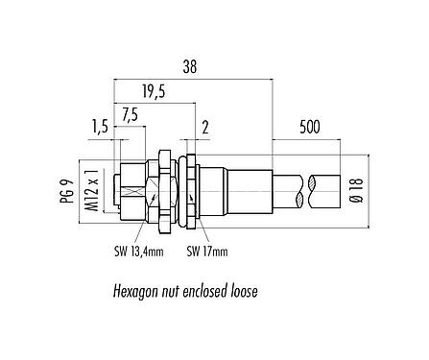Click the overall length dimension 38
point(190,67)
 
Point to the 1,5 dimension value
point(98,126)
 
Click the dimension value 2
point(205,126)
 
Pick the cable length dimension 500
point(308,126)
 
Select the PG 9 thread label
point(65,183)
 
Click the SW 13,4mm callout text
point(133,252)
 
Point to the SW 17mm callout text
point(207,252)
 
